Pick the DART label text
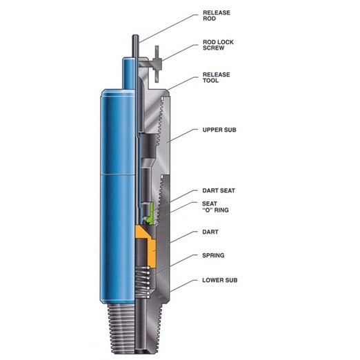pyautogui.click(x=210, y=235)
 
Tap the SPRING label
pyautogui.click(x=214, y=255)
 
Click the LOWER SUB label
pyautogui.click(x=220, y=280)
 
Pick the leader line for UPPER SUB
pyautogui.click(x=182, y=135)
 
